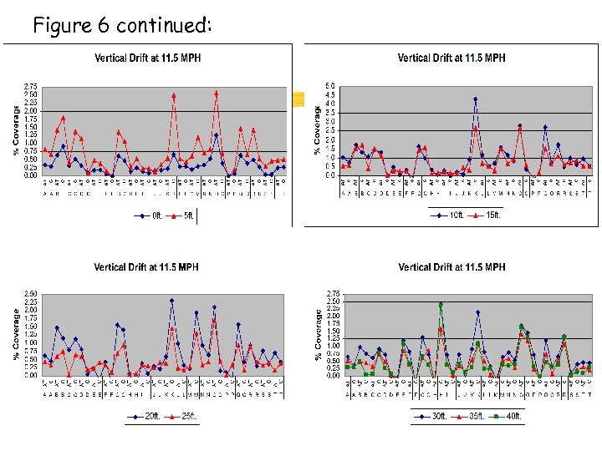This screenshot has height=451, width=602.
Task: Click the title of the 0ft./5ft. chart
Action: click(x=147, y=58)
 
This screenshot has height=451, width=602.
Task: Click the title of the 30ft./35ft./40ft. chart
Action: click(x=451, y=267)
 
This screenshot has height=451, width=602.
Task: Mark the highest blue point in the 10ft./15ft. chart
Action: click(x=476, y=99)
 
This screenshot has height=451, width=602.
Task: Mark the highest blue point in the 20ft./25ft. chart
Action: click(x=171, y=301)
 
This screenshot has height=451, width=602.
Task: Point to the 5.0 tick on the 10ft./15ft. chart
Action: click(x=331, y=85)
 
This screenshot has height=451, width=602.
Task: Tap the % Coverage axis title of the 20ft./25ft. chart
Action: click(x=17, y=334)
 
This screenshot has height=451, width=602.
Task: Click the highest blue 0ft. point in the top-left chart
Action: click(x=216, y=134)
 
